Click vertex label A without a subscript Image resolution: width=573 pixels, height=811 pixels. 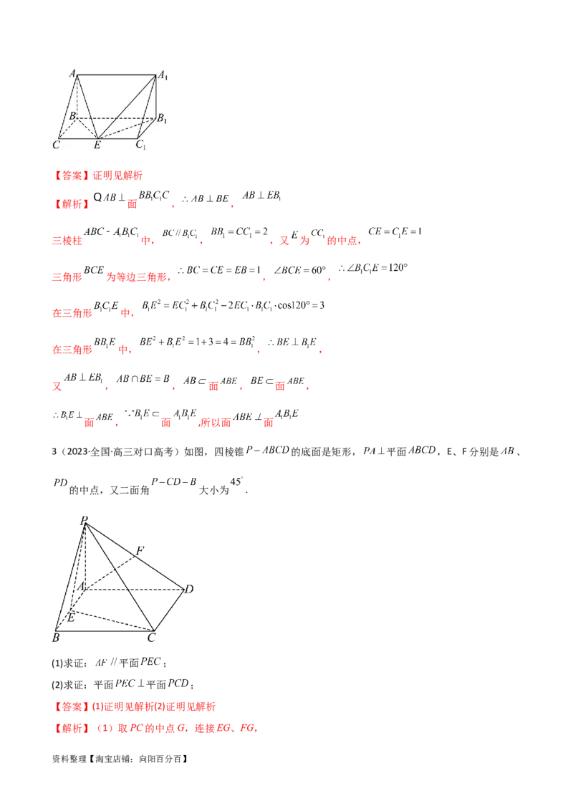point(72,72)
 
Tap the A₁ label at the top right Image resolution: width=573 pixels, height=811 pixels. point(163,74)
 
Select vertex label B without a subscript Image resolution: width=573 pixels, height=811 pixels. point(72,115)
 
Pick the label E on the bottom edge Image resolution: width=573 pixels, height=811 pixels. point(97,145)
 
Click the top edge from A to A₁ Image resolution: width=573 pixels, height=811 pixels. point(117,75)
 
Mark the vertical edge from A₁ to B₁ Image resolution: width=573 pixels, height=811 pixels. point(156,95)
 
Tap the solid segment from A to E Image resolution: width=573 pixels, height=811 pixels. point(87,107)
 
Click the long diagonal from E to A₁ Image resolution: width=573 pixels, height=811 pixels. point(127,106)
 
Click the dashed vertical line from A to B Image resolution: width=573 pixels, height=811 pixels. point(78,95)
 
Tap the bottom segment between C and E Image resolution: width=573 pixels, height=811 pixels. point(77,138)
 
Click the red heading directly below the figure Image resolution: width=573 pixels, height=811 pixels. point(98,174)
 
